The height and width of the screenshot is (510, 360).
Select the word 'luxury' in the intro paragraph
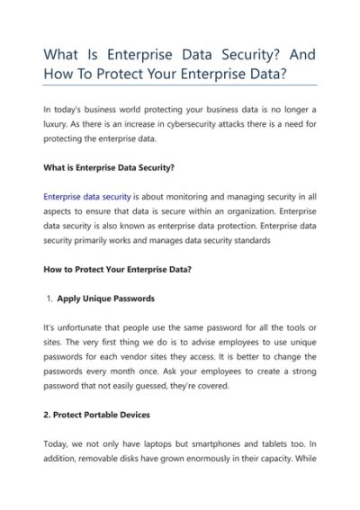point(58,124)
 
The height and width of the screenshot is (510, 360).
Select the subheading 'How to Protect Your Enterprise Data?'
point(117,269)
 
